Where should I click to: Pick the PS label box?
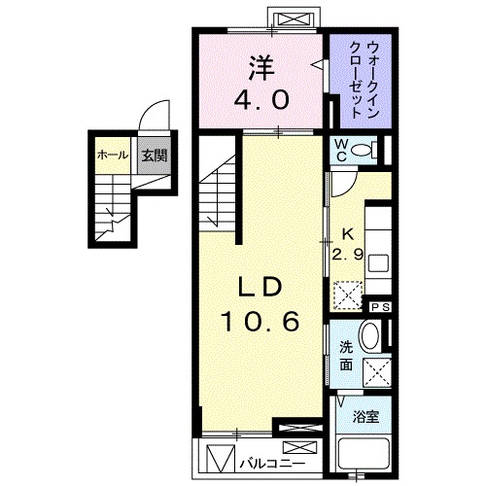(380, 307)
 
